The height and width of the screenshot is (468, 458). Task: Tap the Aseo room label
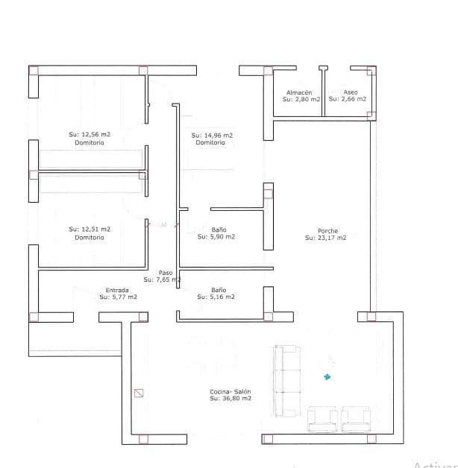click(350, 92)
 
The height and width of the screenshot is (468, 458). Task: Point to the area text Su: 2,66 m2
click(347, 98)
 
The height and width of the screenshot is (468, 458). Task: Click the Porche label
click(327, 231)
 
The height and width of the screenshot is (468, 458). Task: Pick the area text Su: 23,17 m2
click(325, 238)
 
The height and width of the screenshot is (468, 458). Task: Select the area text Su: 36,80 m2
click(230, 399)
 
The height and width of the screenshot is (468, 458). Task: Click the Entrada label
click(117, 290)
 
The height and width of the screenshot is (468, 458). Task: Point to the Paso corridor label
click(165, 273)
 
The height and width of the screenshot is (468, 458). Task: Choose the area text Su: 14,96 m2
click(212, 136)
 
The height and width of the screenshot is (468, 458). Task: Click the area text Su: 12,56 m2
click(90, 135)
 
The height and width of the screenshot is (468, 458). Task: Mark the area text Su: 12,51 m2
click(90, 230)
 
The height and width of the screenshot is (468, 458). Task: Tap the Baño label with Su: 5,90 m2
click(219, 230)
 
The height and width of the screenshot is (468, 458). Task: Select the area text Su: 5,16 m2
click(216, 297)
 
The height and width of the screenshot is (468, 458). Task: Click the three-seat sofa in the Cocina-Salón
click(288, 380)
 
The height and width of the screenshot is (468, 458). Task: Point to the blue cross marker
click(326, 376)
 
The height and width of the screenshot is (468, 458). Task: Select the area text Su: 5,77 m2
click(118, 297)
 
